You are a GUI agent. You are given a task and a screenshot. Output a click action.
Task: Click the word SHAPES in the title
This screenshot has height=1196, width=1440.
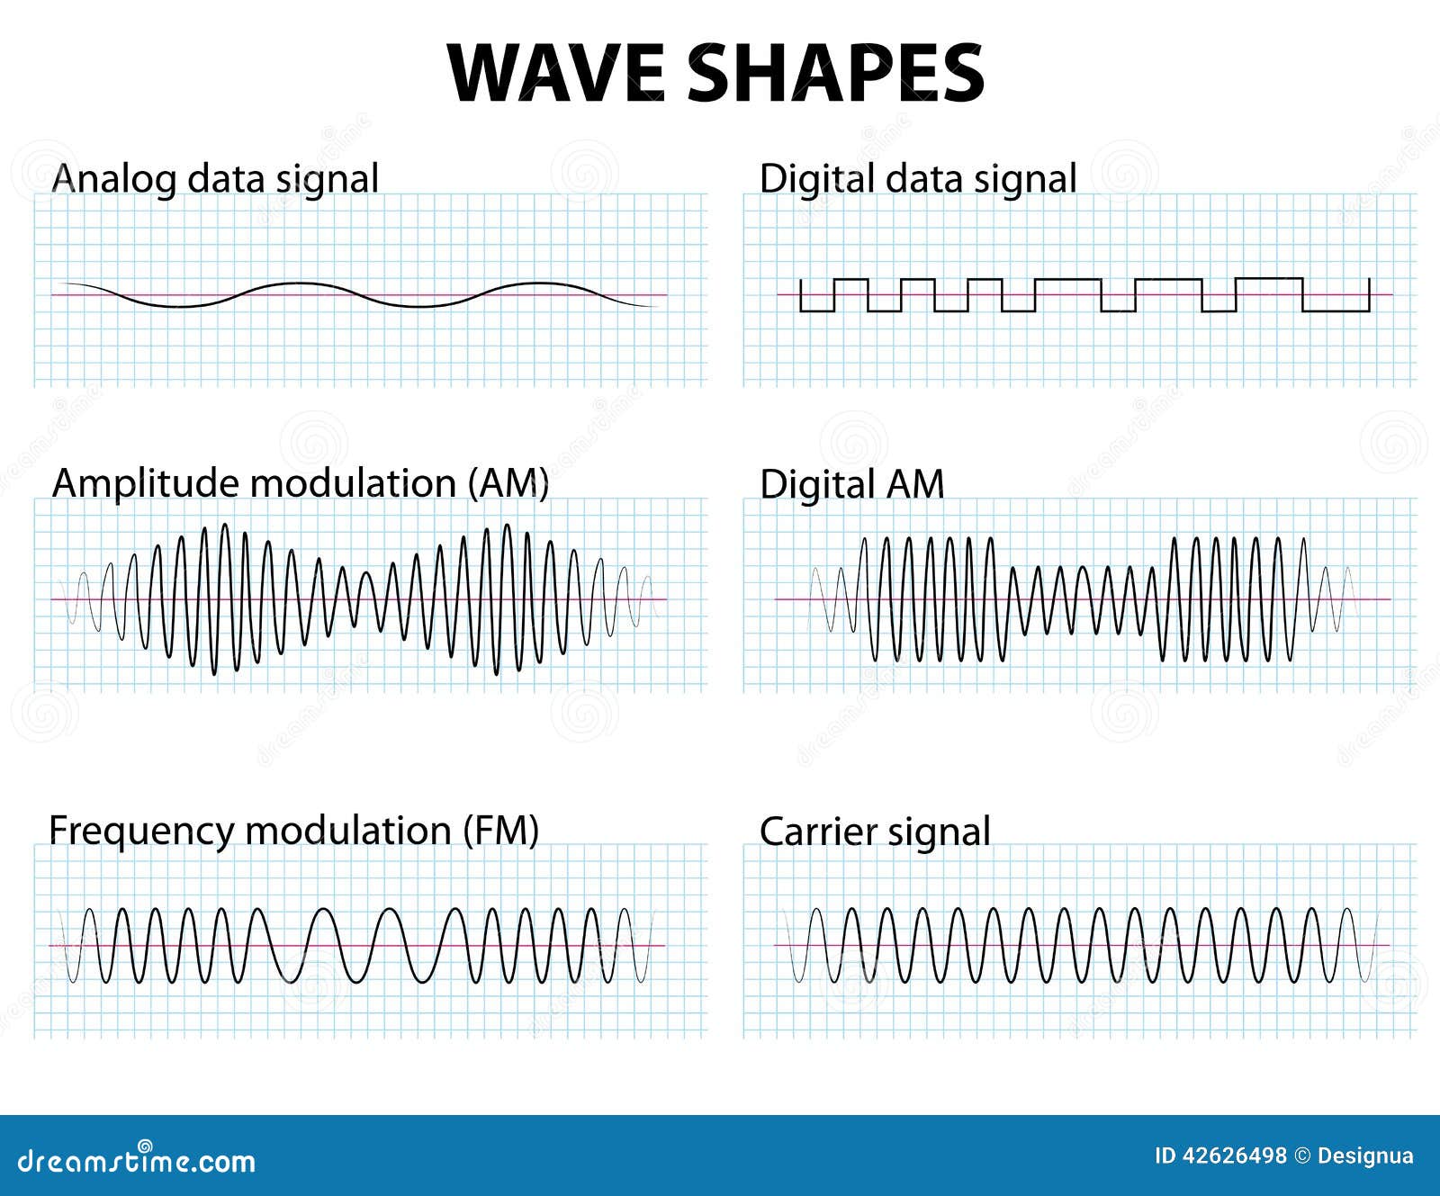[x=837, y=73]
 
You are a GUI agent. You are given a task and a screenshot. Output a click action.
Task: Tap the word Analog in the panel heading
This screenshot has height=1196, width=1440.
[x=113, y=179]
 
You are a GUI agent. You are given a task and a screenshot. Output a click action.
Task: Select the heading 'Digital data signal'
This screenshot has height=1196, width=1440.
[x=918, y=179]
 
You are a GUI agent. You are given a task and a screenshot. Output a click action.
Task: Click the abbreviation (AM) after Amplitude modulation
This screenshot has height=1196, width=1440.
[x=508, y=483]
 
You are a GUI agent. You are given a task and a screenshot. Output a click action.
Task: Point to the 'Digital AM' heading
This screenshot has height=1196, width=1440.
[x=851, y=484]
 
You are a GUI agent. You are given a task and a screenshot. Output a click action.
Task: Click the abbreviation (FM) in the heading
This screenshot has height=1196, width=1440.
[x=500, y=830]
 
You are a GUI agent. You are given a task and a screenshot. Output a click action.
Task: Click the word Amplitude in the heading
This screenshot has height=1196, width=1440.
[x=146, y=484]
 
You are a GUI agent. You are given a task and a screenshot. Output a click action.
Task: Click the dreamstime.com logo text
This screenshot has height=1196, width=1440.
[x=136, y=1161]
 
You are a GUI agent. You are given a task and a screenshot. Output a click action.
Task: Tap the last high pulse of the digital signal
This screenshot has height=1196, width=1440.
[x=1269, y=279]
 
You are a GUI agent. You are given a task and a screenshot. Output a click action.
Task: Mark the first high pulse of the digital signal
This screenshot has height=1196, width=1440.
[x=851, y=280]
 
